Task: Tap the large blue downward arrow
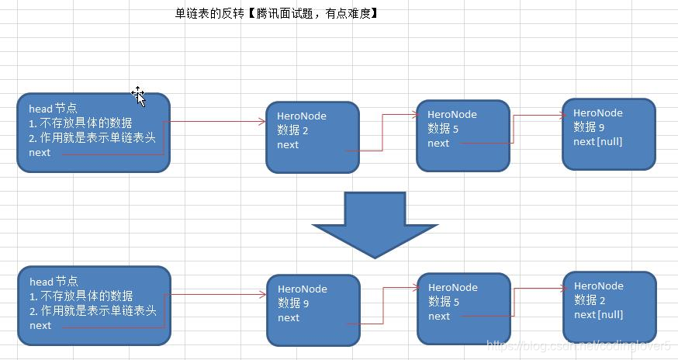coord(375,224)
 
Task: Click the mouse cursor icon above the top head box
coord(139,95)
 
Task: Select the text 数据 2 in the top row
coord(293,130)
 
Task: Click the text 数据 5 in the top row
coord(443,129)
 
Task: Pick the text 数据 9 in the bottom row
coord(293,303)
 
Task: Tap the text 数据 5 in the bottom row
coord(444,302)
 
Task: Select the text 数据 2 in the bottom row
coord(590,300)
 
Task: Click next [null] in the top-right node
coord(597,141)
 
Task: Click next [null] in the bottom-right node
coord(598,314)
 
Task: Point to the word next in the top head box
coord(40,153)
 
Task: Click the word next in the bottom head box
coord(40,326)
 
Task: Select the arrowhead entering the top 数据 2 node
coord(261,121)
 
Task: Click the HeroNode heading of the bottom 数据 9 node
coord(302,289)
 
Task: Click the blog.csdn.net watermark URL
coord(578,344)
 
